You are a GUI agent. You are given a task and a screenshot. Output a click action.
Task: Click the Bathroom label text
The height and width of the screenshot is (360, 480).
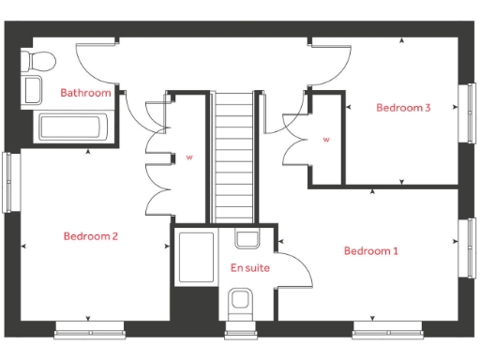point(85,93)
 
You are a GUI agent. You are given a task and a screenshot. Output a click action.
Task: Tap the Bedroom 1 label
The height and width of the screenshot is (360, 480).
point(370,251)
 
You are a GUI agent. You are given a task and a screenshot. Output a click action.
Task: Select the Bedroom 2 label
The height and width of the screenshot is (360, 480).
point(90,236)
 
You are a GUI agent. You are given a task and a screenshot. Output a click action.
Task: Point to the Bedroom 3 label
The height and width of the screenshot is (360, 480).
point(403,108)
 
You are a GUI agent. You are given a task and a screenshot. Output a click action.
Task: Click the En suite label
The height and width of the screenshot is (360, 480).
point(249,268)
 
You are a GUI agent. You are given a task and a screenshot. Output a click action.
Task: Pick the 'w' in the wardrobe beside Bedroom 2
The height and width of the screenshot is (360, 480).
point(189,157)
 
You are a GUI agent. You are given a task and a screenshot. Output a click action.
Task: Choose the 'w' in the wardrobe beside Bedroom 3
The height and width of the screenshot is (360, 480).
point(326,140)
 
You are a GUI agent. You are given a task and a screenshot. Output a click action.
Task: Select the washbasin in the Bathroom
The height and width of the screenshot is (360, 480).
point(33,91)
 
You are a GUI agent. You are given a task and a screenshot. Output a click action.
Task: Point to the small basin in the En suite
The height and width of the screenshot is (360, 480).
point(247,239)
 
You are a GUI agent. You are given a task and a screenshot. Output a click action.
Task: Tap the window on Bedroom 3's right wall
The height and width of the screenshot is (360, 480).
point(466,112)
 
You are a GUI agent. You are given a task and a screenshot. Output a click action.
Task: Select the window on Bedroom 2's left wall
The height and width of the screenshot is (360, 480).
point(10,180)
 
